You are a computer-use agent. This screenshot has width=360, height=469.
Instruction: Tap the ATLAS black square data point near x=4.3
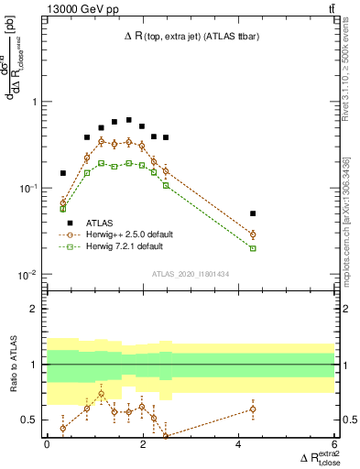click(x=253, y=213)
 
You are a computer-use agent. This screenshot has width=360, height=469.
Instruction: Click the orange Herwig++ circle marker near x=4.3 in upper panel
click(x=253, y=234)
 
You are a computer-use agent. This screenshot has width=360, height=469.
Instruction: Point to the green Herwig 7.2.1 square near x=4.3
click(x=253, y=248)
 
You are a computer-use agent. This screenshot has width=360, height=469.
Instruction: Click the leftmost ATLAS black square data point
click(x=63, y=172)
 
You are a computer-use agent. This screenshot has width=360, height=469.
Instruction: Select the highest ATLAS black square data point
click(x=129, y=120)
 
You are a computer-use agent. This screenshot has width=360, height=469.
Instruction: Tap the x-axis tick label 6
click(x=333, y=445)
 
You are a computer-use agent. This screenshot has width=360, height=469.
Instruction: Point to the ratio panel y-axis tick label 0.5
click(x=34, y=420)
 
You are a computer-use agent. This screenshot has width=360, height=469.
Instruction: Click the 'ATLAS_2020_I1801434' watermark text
click(x=190, y=274)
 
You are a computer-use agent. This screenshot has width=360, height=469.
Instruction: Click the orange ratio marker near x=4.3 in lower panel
click(x=253, y=409)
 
